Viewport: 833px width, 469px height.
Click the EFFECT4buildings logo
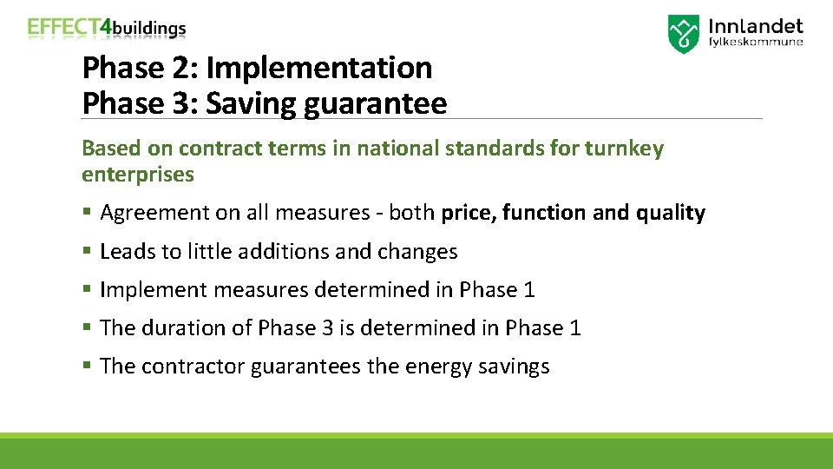(x=107, y=28)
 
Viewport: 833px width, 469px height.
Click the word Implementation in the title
(x=318, y=68)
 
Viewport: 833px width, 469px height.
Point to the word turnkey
(x=624, y=149)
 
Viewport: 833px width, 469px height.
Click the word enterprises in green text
(x=138, y=175)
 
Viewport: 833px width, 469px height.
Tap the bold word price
(x=469, y=213)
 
